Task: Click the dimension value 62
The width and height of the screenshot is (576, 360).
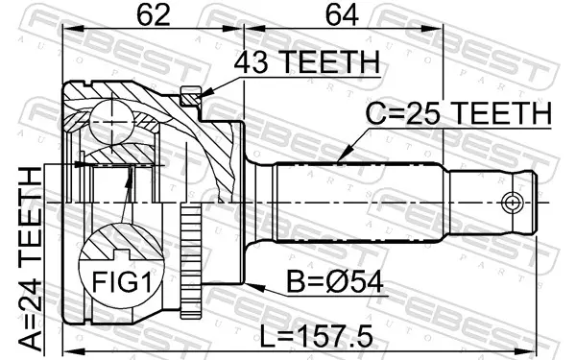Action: pos(154,15)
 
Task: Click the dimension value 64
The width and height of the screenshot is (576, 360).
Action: pos(342,15)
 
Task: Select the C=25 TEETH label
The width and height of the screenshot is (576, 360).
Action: pos(459,112)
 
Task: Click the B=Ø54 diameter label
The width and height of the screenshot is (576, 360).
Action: pos(335,282)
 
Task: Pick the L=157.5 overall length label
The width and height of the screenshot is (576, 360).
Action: pos(316,336)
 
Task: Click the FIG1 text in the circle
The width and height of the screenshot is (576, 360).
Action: pos(122,281)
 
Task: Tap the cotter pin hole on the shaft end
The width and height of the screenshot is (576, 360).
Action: pos(512,203)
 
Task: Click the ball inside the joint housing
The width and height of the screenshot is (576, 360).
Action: pos(111,122)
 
